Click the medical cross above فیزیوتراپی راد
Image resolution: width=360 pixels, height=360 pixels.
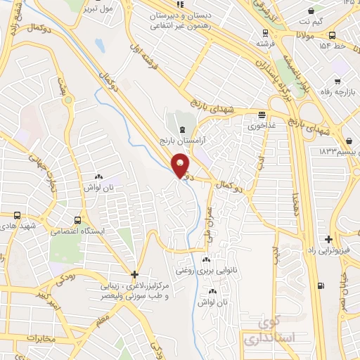(x=327, y=239)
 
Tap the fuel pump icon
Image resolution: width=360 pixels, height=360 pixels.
(x=321, y=285)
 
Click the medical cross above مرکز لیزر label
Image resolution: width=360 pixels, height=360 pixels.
(x=134, y=274)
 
